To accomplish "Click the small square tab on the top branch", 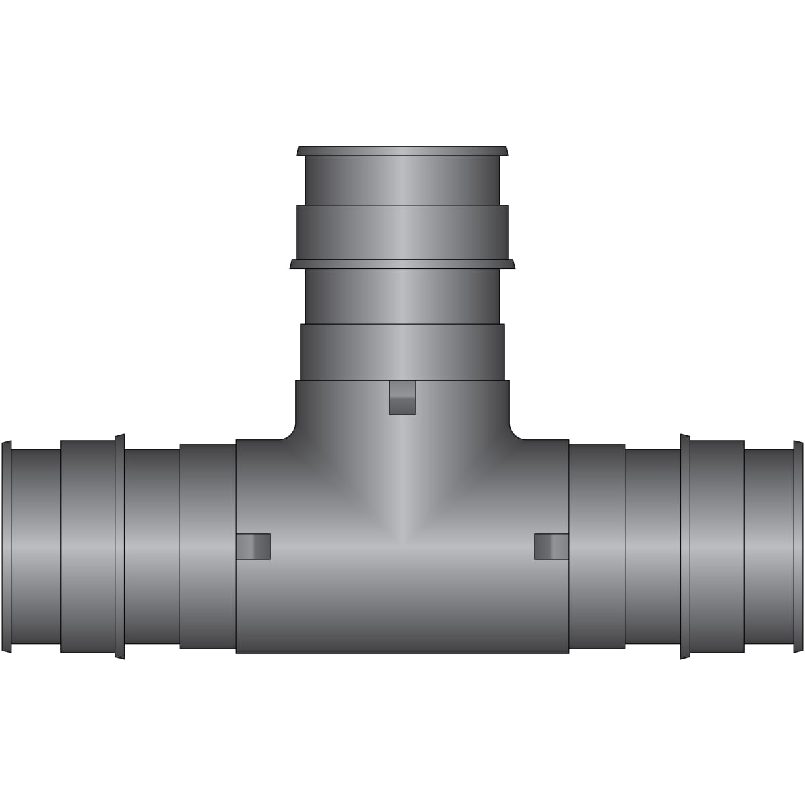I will (x=402, y=397).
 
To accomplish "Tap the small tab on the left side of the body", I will (x=254, y=546).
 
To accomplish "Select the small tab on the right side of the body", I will (x=551, y=546).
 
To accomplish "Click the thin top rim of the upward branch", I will (x=402, y=150).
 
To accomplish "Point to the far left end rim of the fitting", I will (x=7, y=546).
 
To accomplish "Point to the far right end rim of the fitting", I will (x=798, y=546).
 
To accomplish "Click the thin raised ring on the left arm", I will (x=119, y=546).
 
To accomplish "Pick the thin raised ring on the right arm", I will (x=685, y=546).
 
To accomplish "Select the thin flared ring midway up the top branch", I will (x=402, y=264).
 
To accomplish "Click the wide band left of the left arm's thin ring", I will (x=88, y=546).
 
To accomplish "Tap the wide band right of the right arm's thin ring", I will (x=717, y=546).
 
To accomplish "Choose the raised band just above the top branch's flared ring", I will (x=402, y=232).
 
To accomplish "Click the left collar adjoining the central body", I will (x=208, y=546).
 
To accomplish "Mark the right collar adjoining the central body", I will (x=597, y=546).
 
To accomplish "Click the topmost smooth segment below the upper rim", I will (x=402, y=180).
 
